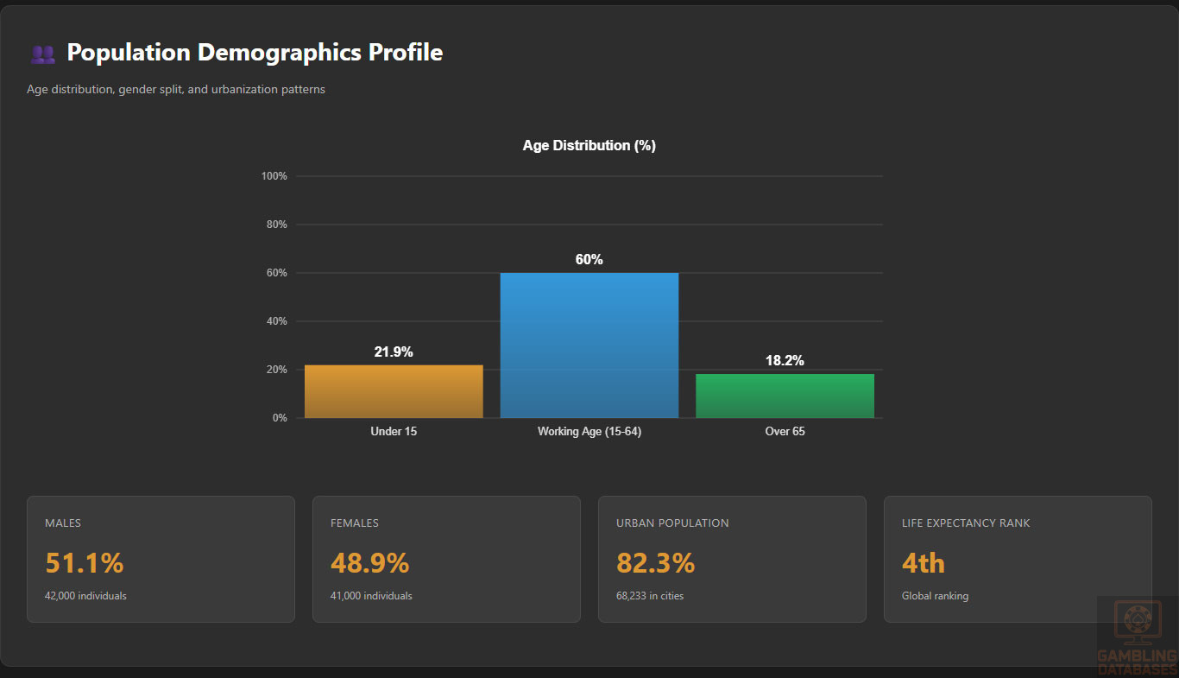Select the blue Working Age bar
[589, 345]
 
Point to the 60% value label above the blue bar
[589, 260]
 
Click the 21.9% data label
[394, 352]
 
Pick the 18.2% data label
[785, 361]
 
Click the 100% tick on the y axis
[274, 176]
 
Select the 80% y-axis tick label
[276, 225]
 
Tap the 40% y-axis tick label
[276, 321]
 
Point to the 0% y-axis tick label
[279, 418]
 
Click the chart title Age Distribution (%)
[589, 146]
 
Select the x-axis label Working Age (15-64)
[589, 431]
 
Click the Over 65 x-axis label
[785, 431]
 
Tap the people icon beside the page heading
[42, 54]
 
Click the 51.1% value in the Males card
[85, 563]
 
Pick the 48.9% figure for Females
[369, 563]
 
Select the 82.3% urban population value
[655, 563]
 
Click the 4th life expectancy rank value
[924, 563]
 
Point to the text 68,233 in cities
[650, 596]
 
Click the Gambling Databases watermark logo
[1137, 637]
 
